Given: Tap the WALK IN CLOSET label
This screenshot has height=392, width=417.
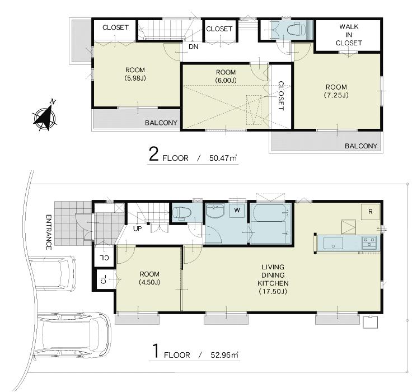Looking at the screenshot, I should click(x=349, y=35).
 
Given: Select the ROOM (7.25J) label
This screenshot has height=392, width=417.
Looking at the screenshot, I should click(x=335, y=91).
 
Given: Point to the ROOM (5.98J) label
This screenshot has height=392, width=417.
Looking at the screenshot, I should click(x=136, y=74).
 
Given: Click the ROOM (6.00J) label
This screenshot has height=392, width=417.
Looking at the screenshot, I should click(x=226, y=77).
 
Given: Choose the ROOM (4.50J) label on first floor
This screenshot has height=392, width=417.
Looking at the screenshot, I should click(x=149, y=278).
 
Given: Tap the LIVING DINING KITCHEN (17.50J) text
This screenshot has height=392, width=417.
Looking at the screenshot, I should click(x=273, y=279).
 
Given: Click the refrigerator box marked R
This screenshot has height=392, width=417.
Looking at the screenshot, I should click(x=370, y=211).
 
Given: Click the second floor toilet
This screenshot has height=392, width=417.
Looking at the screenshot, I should click(x=294, y=29).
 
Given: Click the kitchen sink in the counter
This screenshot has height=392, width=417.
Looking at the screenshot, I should click(x=334, y=243).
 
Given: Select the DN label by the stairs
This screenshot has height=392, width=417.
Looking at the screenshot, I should click(x=193, y=46).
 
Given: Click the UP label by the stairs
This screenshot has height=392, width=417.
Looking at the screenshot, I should click(x=137, y=228).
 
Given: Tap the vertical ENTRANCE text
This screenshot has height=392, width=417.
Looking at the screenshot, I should click(x=49, y=231).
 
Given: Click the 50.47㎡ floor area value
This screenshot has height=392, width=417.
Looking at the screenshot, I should click(x=222, y=158).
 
